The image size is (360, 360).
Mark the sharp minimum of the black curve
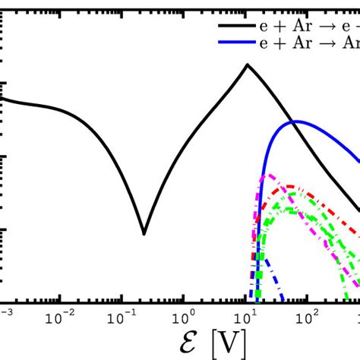pyautogui.click(x=144, y=232)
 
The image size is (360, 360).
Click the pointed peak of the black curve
pyautogui.click(x=248, y=65)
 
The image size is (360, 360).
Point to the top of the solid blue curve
pyautogui.click(x=295, y=122)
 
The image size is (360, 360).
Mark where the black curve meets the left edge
pyautogui.click(x=3, y=98)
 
